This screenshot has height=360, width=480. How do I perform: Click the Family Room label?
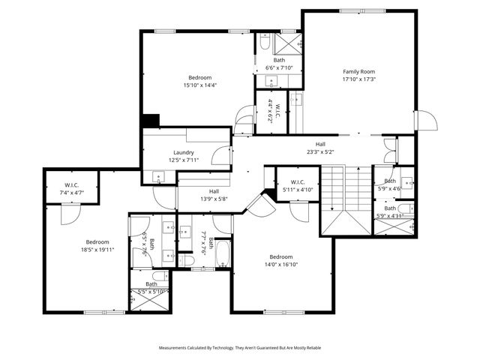coord(358,71)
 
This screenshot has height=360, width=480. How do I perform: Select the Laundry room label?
coord(184,152)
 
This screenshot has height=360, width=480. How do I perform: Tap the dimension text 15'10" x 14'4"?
coord(199,85)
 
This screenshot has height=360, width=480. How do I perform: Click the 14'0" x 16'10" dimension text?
coord(281,264)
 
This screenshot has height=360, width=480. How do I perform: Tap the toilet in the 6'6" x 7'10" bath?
coord(263,45)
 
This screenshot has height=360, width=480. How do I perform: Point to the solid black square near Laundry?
coord(151,121)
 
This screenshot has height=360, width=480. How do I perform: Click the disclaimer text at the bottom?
coord(239,348)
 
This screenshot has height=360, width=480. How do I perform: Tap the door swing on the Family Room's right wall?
coord(425,121)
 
